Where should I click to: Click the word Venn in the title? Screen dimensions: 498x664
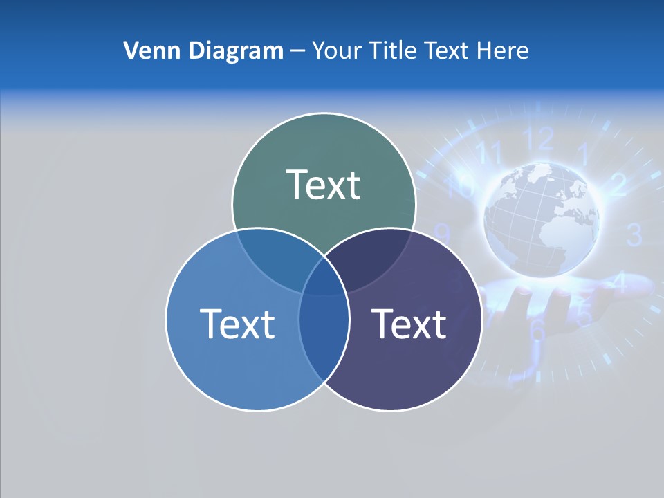click(146, 50)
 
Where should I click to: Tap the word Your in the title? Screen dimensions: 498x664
click(337, 50)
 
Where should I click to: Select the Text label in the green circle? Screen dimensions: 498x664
click(324, 185)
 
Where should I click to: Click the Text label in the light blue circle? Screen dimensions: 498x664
click(237, 324)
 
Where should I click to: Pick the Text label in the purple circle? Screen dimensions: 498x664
click(409, 324)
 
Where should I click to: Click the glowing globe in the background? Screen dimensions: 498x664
click(542, 220)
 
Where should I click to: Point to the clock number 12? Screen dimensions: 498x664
click(539, 139)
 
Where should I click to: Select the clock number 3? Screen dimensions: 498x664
click(634, 235)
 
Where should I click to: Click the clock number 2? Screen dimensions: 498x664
click(618, 184)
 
